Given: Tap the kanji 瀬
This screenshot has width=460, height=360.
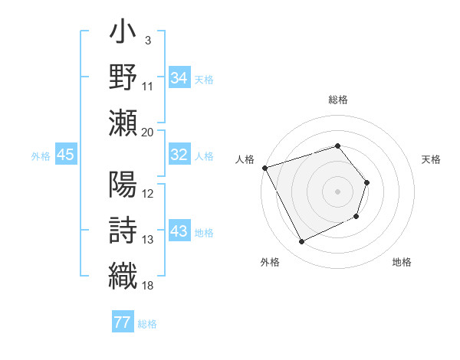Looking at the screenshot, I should click(x=123, y=122).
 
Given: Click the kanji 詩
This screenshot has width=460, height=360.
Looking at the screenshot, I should click(x=123, y=229).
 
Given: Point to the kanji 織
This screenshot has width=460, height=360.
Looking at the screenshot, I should click(x=123, y=275).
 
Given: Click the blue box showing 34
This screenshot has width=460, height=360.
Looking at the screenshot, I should click(x=179, y=77).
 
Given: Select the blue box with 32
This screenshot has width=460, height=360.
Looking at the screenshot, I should click(x=179, y=155).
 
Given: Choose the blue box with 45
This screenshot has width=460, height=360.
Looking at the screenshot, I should click(x=65, y=155).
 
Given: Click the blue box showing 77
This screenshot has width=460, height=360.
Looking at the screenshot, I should click(x=122, y=322).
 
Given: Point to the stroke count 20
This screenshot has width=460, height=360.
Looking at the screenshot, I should click(x=148, y=133).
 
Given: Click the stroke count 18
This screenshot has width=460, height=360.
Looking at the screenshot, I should click(x=148, y=286).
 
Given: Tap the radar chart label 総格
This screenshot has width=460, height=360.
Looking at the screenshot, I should click(x=338, y=100).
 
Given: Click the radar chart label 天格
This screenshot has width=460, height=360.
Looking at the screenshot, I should click(x=432, y=159).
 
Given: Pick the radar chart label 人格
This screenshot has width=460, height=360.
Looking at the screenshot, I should click(x=245, y=159).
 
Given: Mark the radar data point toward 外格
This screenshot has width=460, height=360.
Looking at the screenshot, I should click(x=302, y=242).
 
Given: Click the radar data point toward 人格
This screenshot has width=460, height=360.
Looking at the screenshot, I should click(x=264, y=168).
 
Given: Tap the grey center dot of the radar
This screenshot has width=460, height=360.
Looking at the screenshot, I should click(x=338, y=191).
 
